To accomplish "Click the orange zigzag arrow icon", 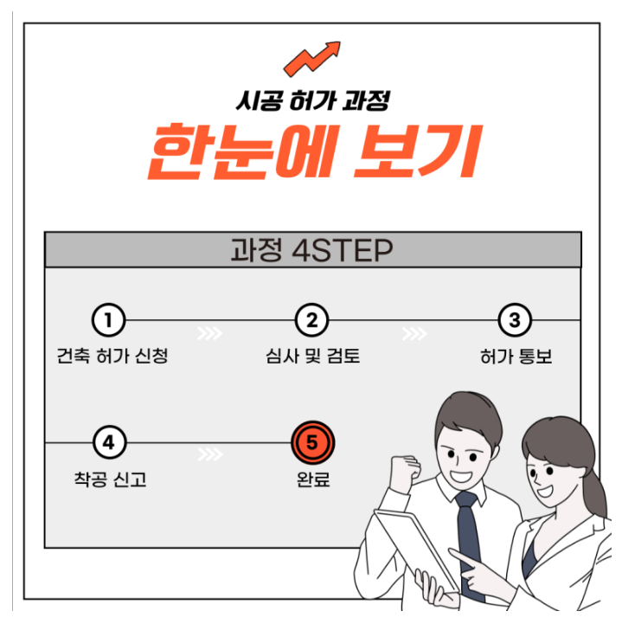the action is point(312,59).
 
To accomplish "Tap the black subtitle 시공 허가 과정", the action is point(313,100).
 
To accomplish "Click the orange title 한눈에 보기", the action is point(315,151).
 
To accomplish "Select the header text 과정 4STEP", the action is point(311,250).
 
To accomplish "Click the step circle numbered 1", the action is point(109,320).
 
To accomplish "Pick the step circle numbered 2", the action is point(311,320).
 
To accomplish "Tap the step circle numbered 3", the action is point(515,320).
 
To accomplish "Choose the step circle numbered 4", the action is point(109,442).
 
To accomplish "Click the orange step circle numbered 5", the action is point(312,442).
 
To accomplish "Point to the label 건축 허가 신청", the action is point(112,356).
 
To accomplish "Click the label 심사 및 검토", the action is point(312,356).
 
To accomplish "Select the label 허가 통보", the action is point(516,357).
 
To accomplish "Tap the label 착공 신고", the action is point(110,479).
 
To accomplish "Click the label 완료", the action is point(313,479).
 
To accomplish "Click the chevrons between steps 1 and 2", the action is point(210,333).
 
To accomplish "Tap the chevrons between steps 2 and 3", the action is point(414,333).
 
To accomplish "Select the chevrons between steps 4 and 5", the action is point(210,454).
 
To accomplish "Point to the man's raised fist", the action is point(404,473).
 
